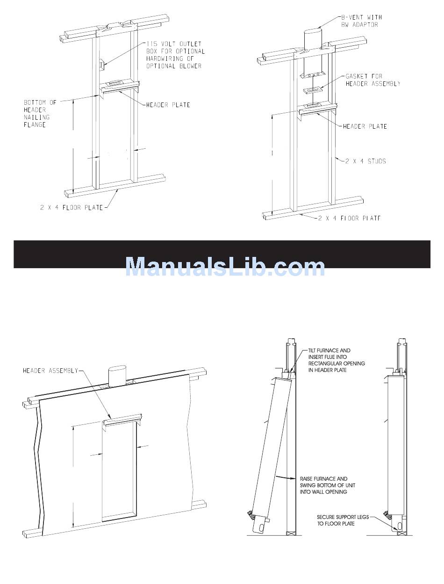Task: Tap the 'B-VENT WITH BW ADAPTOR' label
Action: pos(361,21)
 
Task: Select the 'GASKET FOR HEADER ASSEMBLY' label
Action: pos(372,80)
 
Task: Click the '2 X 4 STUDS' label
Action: pos(365,161)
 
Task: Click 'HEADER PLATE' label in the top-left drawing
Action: pos(168,105)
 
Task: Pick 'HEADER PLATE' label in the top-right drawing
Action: pos(365,126)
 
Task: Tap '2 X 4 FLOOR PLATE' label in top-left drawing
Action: pos(71,207)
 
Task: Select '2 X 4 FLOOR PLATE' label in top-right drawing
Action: pos(349,218)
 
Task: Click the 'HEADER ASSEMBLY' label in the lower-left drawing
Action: pos(50,371)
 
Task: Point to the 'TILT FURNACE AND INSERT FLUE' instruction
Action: pos(337,360)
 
